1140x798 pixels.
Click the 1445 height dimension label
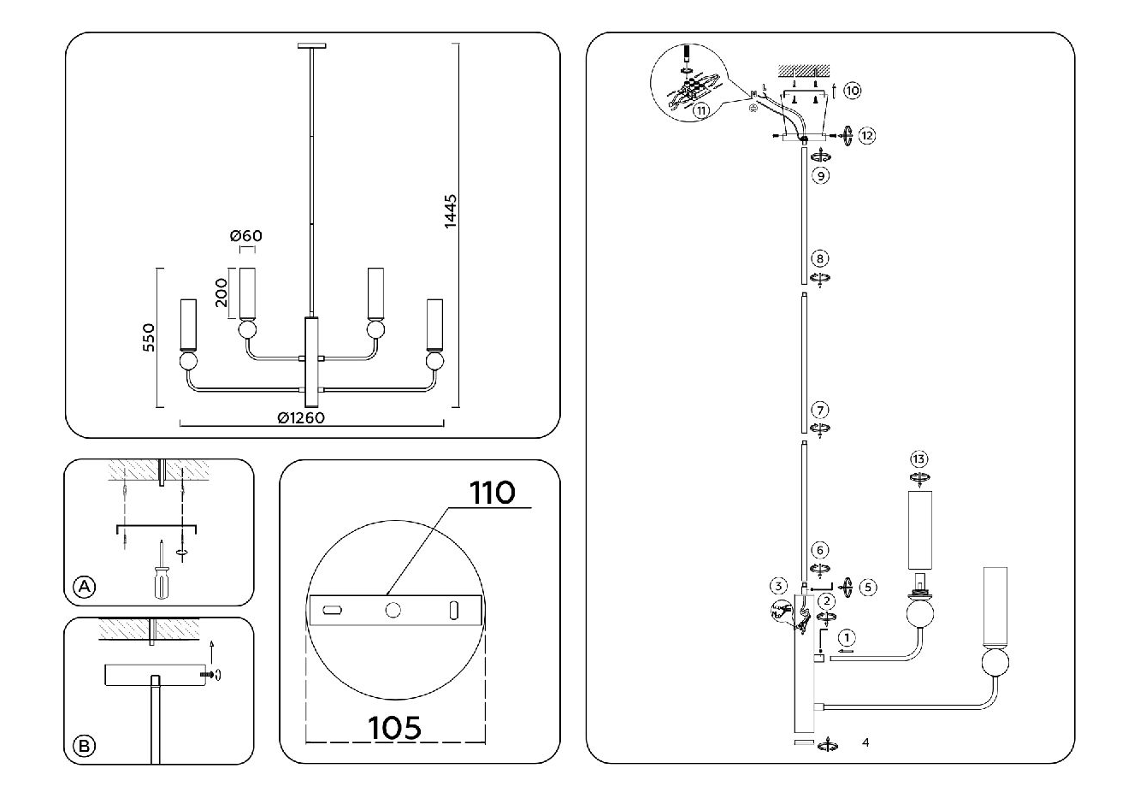pyautogui.click(x=451, y=211)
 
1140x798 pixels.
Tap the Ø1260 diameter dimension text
pyautogui.click(x=301, y=418)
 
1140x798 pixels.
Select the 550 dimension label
pyautogui.click(x=149, y=338)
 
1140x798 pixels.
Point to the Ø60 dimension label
pyautogui.click(x=245, y=236)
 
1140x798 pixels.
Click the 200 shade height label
pyautogui.click(x=222, y=293)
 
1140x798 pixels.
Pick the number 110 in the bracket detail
pyautogui.click(x=492, y=493)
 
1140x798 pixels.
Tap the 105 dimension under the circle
pyautogui.click(x=394, y=728)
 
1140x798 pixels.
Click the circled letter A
pyautogui.click(x=85, y=587)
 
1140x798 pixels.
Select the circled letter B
pyautogui.click(x=85, y=746)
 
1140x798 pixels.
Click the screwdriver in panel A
pyautogui.click(x=162, y=570)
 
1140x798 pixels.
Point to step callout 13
pyautogui.click(x=919, y=459)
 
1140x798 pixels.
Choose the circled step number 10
pyautogui.click(x=853, y=92)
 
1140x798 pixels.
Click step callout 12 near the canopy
pyautogui.click(x=867, y=136)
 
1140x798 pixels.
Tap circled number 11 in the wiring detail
pyautogui.click(x=701, y=110)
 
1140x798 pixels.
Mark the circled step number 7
pyautogui.click(x=820, y=410)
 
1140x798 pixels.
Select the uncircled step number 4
pyautogui.click(x=866, y=742)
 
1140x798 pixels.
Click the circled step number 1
pyautogui.click(x=847, y=638)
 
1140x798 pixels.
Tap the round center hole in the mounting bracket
pyautogui.click(x=393, y=610)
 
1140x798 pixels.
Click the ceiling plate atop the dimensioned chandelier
pyautogui.click(x=312, y=46)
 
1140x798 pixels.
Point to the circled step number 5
pyautogui.click(x=868, y=588)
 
